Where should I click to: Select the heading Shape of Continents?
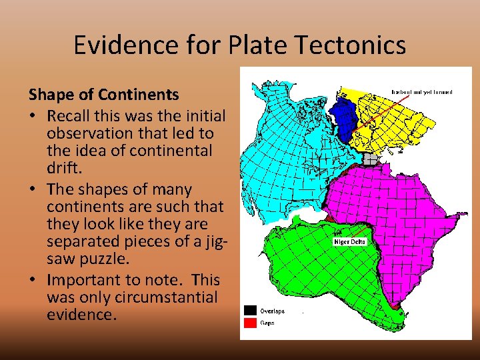[x=103, y=95]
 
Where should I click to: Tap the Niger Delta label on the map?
[x=350, y=241]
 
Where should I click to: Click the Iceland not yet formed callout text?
[x=422, y=92]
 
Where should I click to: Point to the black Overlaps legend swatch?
[x=250, y=310]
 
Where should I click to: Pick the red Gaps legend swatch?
[x=250, y=323]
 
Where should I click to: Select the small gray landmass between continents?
[x=369, y=158]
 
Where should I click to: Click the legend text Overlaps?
[x=273, y=311]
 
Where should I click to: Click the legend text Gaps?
[x=267, y=323]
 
